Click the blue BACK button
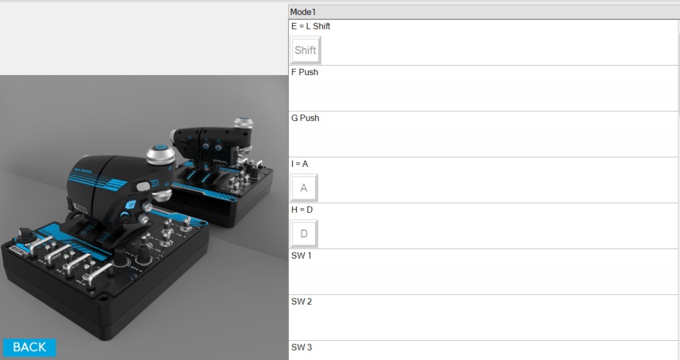click(x=29, y=347)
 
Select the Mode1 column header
click(x=484, y=12)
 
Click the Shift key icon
click(x=306, y=51)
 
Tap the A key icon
click(x=303, y=188)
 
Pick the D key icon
click(x=303, y=234)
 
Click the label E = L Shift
click(x=310, y=26)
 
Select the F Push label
click(x=305, y=72)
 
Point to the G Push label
click(x=305, y=118)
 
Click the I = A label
click(x=299, y=165)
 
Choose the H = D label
click(x=302, y=210)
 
